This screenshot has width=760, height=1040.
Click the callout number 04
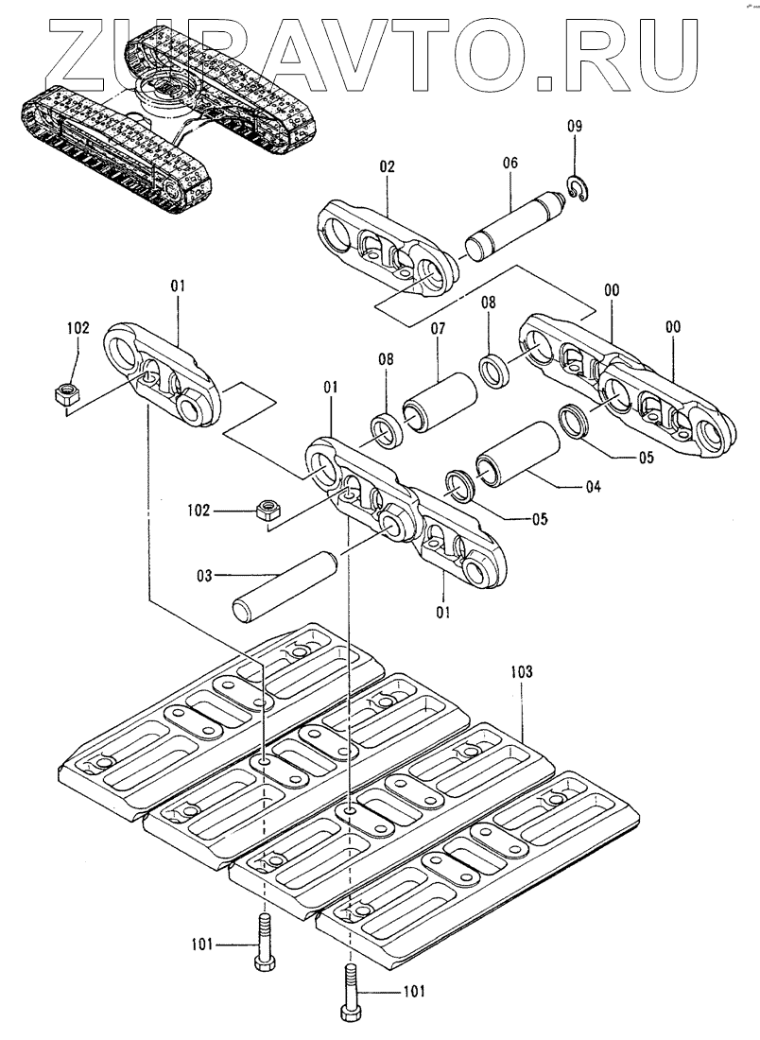(x=594, y=488)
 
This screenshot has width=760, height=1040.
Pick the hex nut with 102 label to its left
(x=266, y=511)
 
